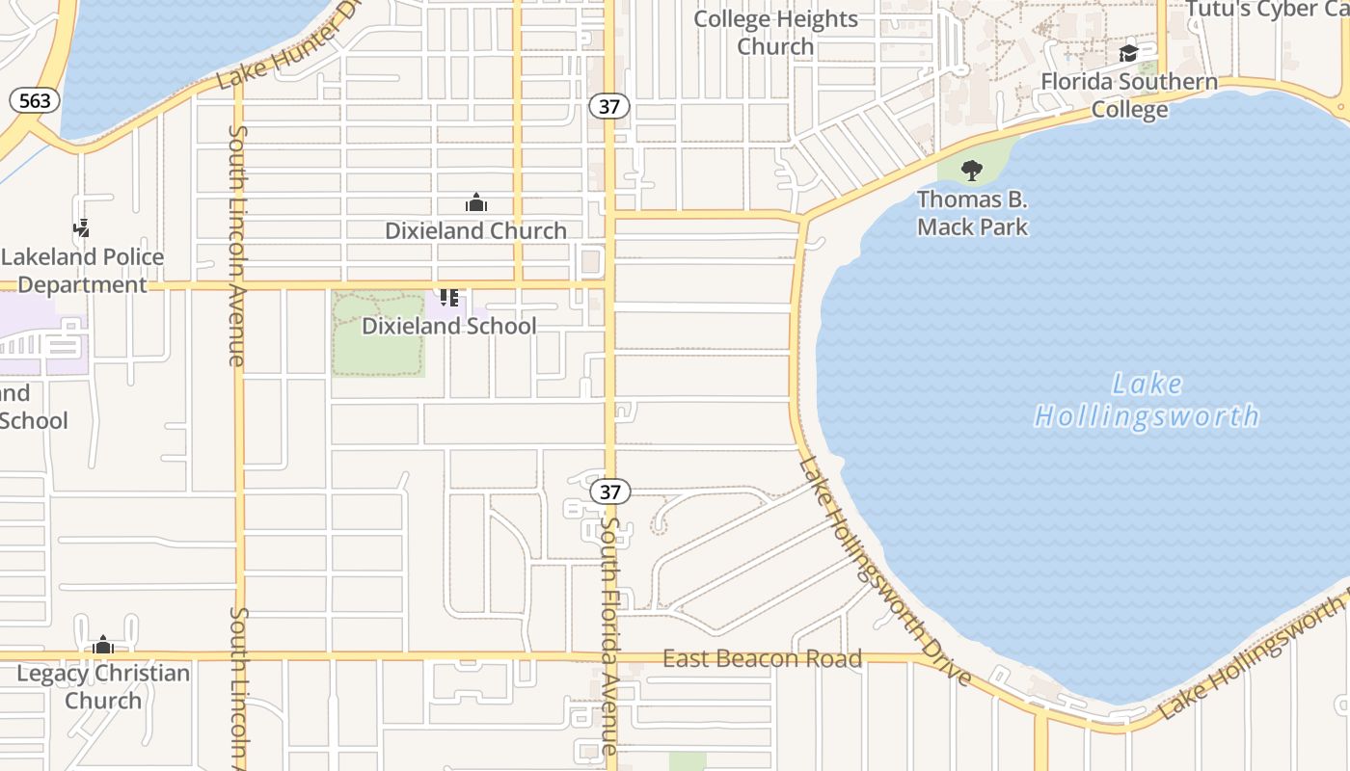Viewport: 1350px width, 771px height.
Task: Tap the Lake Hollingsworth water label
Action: point(1147,400)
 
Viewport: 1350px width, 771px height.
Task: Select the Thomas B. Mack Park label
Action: point(972,213)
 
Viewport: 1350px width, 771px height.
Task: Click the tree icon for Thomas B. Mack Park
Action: point(972,171)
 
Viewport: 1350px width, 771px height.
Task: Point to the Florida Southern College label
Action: point(1129,95)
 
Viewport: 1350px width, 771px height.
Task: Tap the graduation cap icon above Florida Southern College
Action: point(1128,53)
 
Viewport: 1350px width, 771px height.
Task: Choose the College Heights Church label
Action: point(775,32)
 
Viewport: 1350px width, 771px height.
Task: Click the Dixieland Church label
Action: point(475,230)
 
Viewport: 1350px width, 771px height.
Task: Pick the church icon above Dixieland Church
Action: point(475,202)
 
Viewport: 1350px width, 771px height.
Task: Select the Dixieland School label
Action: point(448,326)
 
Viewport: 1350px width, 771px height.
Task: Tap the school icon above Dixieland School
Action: point(448,297)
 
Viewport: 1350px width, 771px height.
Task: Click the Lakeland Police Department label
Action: point(82,271)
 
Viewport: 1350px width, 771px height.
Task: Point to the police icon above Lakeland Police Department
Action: point(82,228)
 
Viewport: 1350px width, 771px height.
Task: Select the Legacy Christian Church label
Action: point(103,686)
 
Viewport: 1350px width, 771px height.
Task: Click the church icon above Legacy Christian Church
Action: point(103,645)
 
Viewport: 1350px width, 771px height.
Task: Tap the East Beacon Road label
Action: point(762,659)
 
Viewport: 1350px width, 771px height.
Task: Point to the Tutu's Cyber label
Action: point(1265,9)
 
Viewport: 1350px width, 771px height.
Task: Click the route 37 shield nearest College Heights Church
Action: point(608,106)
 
